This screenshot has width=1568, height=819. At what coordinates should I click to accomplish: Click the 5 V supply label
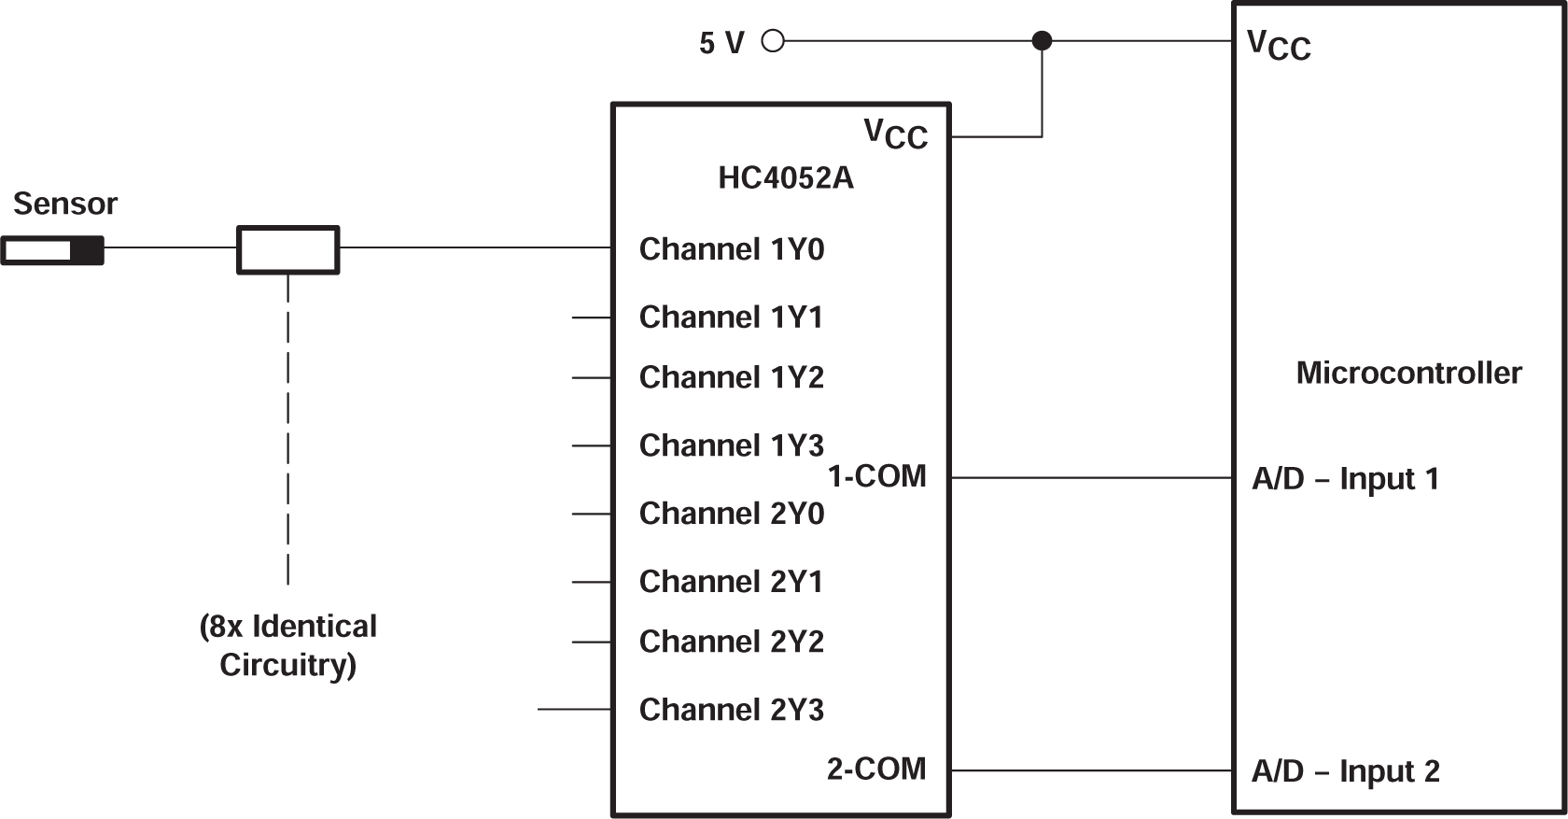(x=721, y=43)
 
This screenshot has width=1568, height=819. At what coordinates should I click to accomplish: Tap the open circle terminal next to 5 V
(x=773, y=41)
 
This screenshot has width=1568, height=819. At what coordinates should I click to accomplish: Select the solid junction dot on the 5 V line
(x=1042, y=41)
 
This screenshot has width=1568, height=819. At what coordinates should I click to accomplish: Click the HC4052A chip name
(x=785, y=177)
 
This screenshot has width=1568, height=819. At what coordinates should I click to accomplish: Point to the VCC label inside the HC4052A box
(x=895, y=134)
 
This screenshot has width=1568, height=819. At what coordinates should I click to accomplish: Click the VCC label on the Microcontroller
(x=1279, y=45)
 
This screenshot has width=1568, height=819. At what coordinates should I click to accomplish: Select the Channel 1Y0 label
(x=731, y=249)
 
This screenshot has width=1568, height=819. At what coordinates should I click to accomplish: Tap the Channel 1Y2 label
(x=731, y=377)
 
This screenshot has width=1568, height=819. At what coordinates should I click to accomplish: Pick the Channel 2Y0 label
(x=731, y=514)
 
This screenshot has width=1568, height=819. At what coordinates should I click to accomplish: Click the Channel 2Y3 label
(x=731, y=710)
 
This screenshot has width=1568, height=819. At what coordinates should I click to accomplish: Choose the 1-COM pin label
(x=876, y=476)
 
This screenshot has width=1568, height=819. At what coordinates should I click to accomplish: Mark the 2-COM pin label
(x=876, y=769)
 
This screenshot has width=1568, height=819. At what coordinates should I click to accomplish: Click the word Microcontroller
(x=1408, y=373)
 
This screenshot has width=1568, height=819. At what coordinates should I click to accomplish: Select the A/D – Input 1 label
(x=1345, y=479)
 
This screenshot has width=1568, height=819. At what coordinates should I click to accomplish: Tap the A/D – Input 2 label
(x=1345, y=771)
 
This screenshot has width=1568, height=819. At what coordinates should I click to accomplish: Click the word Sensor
(x=65, y=204)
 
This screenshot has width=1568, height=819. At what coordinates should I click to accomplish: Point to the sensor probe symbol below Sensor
(x=52, y=250)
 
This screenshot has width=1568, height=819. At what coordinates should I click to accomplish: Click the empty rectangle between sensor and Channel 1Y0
(x=287, y=249)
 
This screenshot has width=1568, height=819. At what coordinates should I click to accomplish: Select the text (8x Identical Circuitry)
(x=287, y=645)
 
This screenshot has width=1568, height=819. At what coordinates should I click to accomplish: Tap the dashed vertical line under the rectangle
(x=287, y=430)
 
